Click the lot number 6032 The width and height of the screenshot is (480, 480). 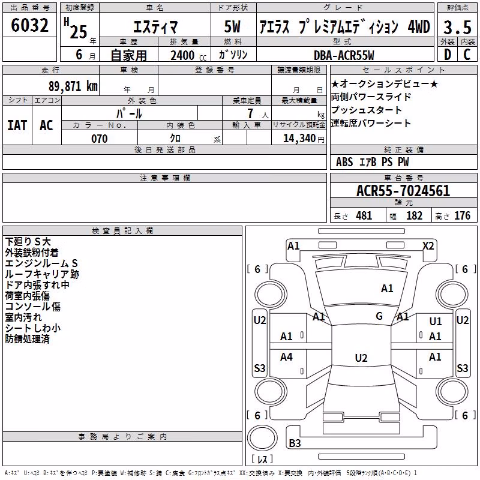[29, 25]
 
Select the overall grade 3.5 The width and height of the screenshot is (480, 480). [457, 27]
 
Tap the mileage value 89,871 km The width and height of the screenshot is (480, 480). [73, 86]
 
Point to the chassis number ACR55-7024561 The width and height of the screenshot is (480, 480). [403, 191]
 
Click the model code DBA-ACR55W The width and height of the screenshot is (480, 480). [344, 55]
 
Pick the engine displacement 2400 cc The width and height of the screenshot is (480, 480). [188, 56]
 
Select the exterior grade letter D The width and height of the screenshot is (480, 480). [448, 55]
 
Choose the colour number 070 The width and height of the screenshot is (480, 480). [100, 139]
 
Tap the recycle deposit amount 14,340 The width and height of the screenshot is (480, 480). [299, 139]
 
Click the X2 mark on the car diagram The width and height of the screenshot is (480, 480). [428, 246]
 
